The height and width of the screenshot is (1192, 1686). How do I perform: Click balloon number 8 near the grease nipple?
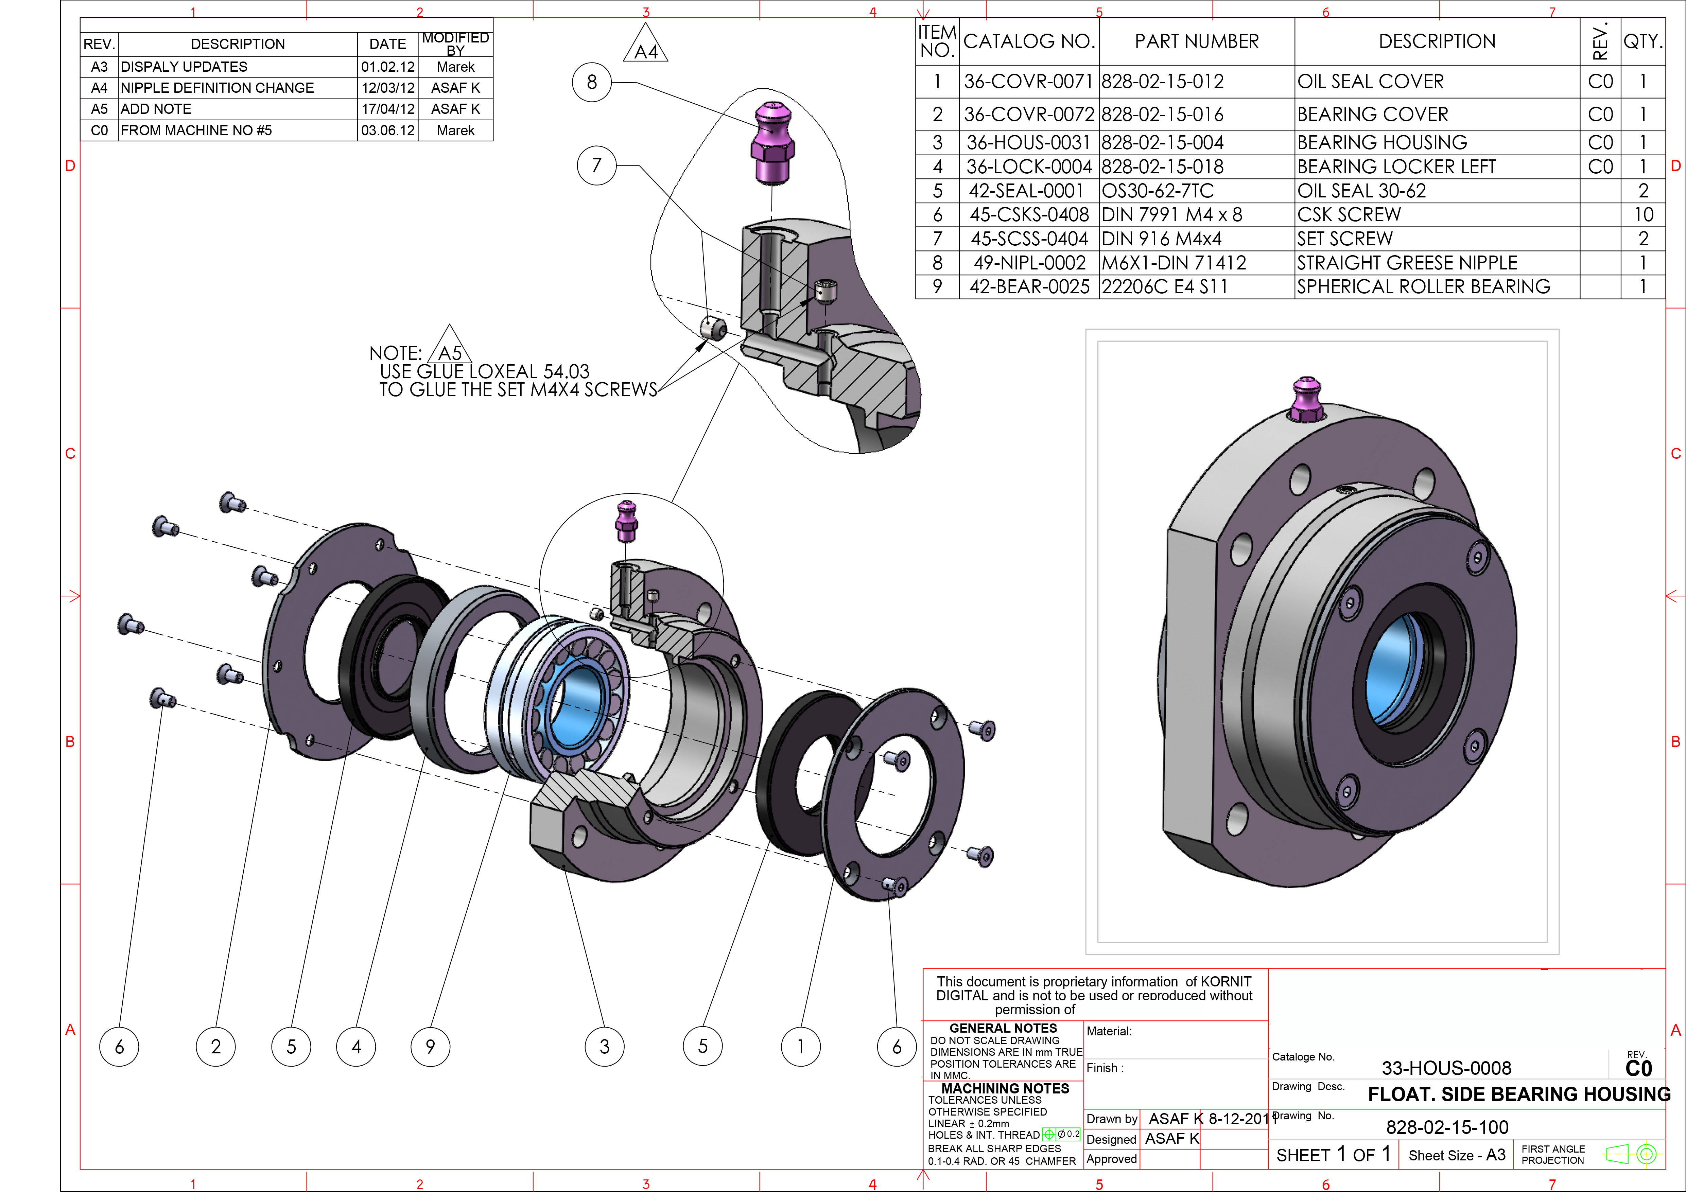[x=592, y=82]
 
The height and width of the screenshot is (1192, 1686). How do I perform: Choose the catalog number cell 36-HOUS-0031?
[x=1028, y=142]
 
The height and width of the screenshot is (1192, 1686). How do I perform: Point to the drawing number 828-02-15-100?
[x=1447, y=1127]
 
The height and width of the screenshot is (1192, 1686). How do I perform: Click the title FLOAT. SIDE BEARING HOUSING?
[x=1518, y=1094]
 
